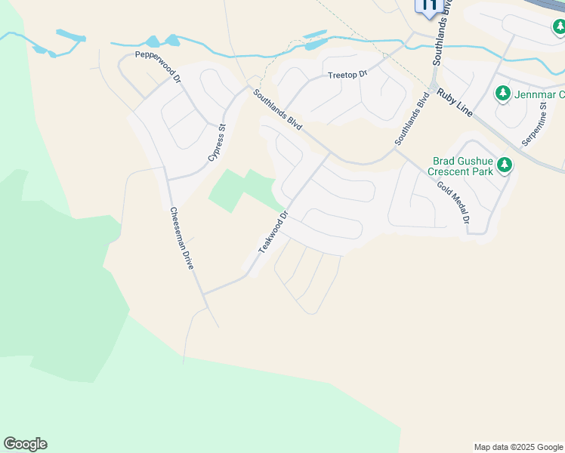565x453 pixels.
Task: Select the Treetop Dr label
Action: point(347,75)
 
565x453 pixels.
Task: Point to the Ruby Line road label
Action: point(455,102)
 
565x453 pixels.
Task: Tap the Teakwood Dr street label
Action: point(273,232)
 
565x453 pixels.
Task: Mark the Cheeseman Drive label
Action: point(182,239)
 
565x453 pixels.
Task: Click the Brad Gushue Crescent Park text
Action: point(462,166)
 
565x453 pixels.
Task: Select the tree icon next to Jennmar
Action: point(502,94)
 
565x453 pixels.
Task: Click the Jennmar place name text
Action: point(539,94)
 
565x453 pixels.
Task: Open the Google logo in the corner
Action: point(25,444)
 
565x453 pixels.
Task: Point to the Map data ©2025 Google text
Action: point(519,447)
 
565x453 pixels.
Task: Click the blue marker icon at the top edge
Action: point(428,7)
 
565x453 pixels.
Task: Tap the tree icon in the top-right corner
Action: point(559,28)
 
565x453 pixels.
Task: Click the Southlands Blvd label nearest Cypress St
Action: point(277,110)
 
